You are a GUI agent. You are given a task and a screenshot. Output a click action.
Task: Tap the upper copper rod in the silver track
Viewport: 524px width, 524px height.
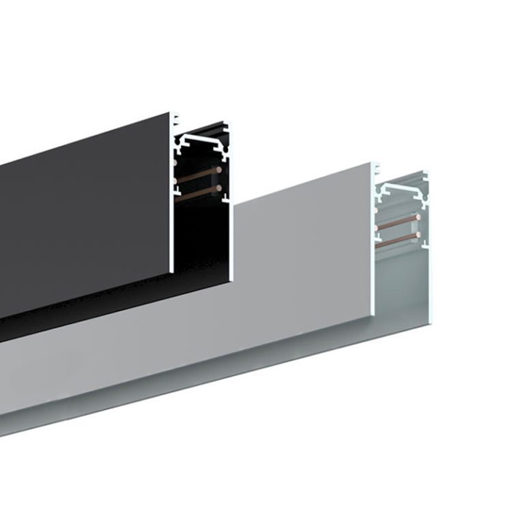[x=399, y=224]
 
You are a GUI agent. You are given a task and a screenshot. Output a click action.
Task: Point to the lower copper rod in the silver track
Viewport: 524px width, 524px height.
[x=399, y=239]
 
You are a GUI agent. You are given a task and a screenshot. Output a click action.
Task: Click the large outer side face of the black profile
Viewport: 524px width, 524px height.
[x=82, y=218]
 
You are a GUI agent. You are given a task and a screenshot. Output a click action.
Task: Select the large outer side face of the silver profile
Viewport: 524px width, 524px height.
[x=300, y=259]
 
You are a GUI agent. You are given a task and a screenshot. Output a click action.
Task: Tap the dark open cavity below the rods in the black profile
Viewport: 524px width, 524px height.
[x=198, y=239]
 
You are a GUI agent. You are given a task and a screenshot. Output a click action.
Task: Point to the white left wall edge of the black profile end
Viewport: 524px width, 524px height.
[x=171, y=205]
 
